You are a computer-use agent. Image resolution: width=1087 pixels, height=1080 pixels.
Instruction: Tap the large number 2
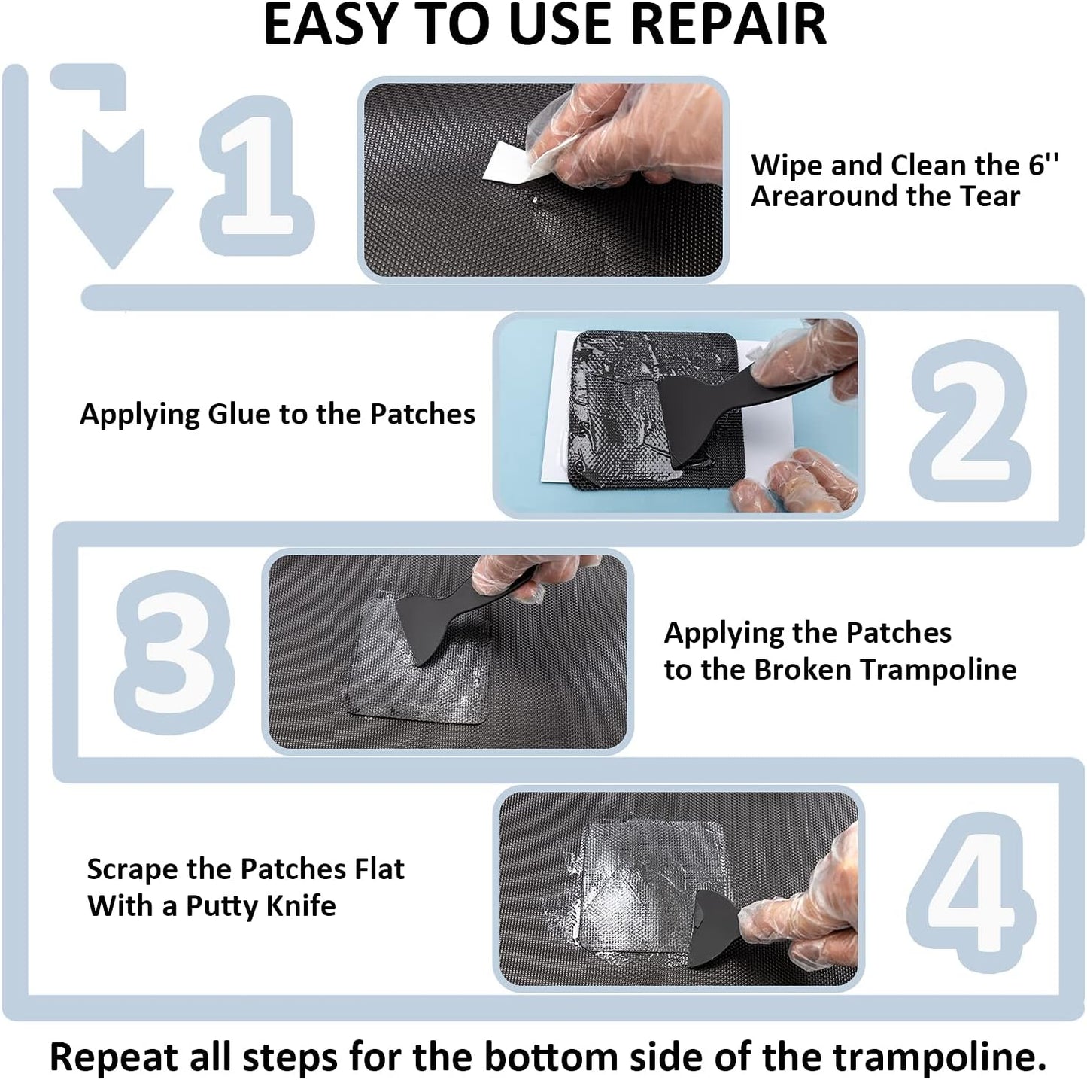(970, 421)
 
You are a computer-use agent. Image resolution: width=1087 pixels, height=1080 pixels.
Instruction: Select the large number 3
(175, 652)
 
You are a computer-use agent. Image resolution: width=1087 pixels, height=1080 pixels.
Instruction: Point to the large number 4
(970, 892)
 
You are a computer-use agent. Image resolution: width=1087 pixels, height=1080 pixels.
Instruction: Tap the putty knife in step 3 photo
(436, 621)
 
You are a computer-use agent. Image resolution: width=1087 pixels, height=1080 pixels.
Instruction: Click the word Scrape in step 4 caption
(132, 869)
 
